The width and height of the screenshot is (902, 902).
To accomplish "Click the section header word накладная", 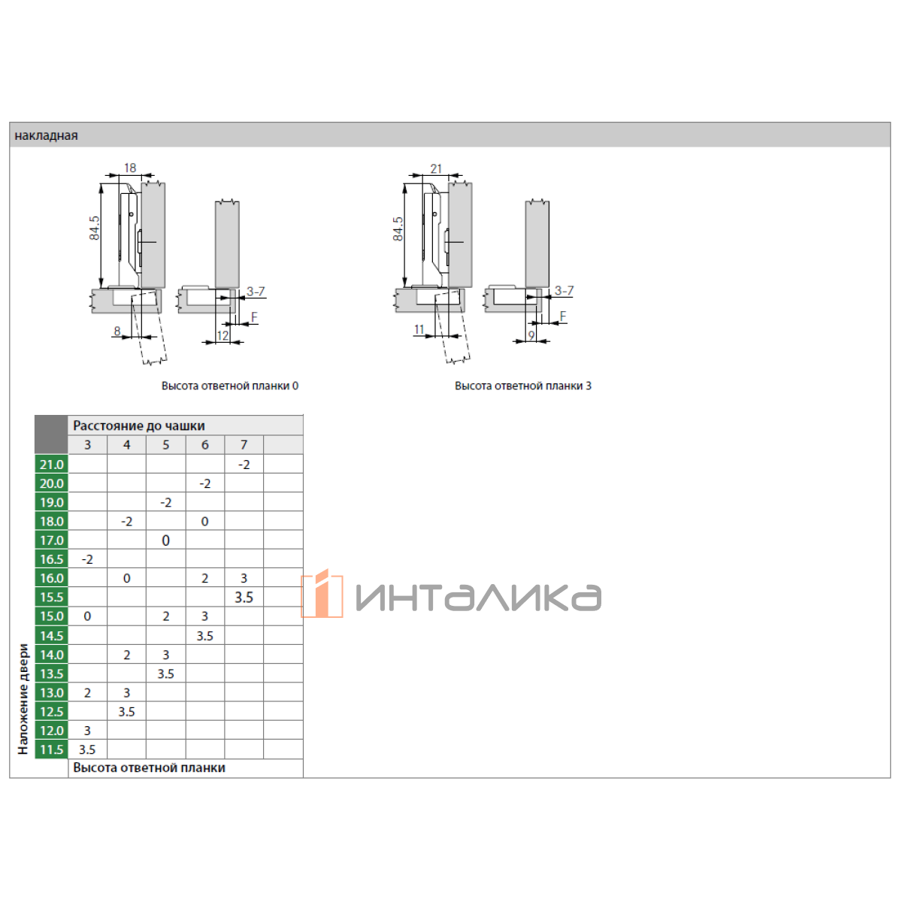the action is point(46,136).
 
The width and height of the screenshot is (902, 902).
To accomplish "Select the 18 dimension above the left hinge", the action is point(130,168).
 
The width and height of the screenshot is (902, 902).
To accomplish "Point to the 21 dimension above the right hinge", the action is point(436,168).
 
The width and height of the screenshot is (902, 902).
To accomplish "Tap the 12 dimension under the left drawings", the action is point(222,335).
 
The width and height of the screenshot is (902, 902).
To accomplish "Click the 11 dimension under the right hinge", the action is point(419,329).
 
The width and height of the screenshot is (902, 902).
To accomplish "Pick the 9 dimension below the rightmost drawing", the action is point(531,335).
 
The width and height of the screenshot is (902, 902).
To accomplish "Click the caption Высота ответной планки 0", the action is point(230,386).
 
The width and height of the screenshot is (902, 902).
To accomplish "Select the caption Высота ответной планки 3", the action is point(523,386).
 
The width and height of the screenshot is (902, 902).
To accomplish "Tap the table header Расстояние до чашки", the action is point(139,425).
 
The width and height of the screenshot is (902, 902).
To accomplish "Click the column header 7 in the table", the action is point(244,445).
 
